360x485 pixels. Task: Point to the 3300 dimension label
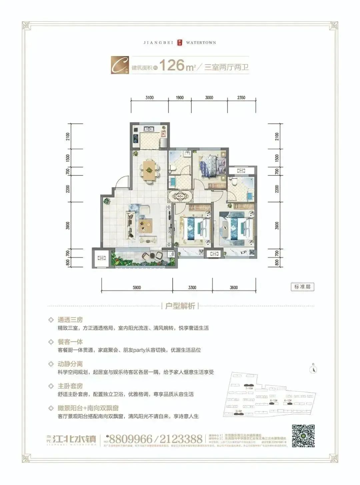point(192,288)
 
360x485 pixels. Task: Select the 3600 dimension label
point(234,288)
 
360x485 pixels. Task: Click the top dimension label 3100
point(149,98)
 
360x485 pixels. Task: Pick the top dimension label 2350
point(241,98)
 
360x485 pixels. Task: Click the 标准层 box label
point(302,287)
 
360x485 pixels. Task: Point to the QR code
point(303,436)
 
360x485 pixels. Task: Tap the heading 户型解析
point(180,306)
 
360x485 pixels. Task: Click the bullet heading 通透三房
point(70,320)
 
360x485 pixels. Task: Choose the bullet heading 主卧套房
point(70,386)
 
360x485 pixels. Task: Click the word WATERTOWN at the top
point(201,43)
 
